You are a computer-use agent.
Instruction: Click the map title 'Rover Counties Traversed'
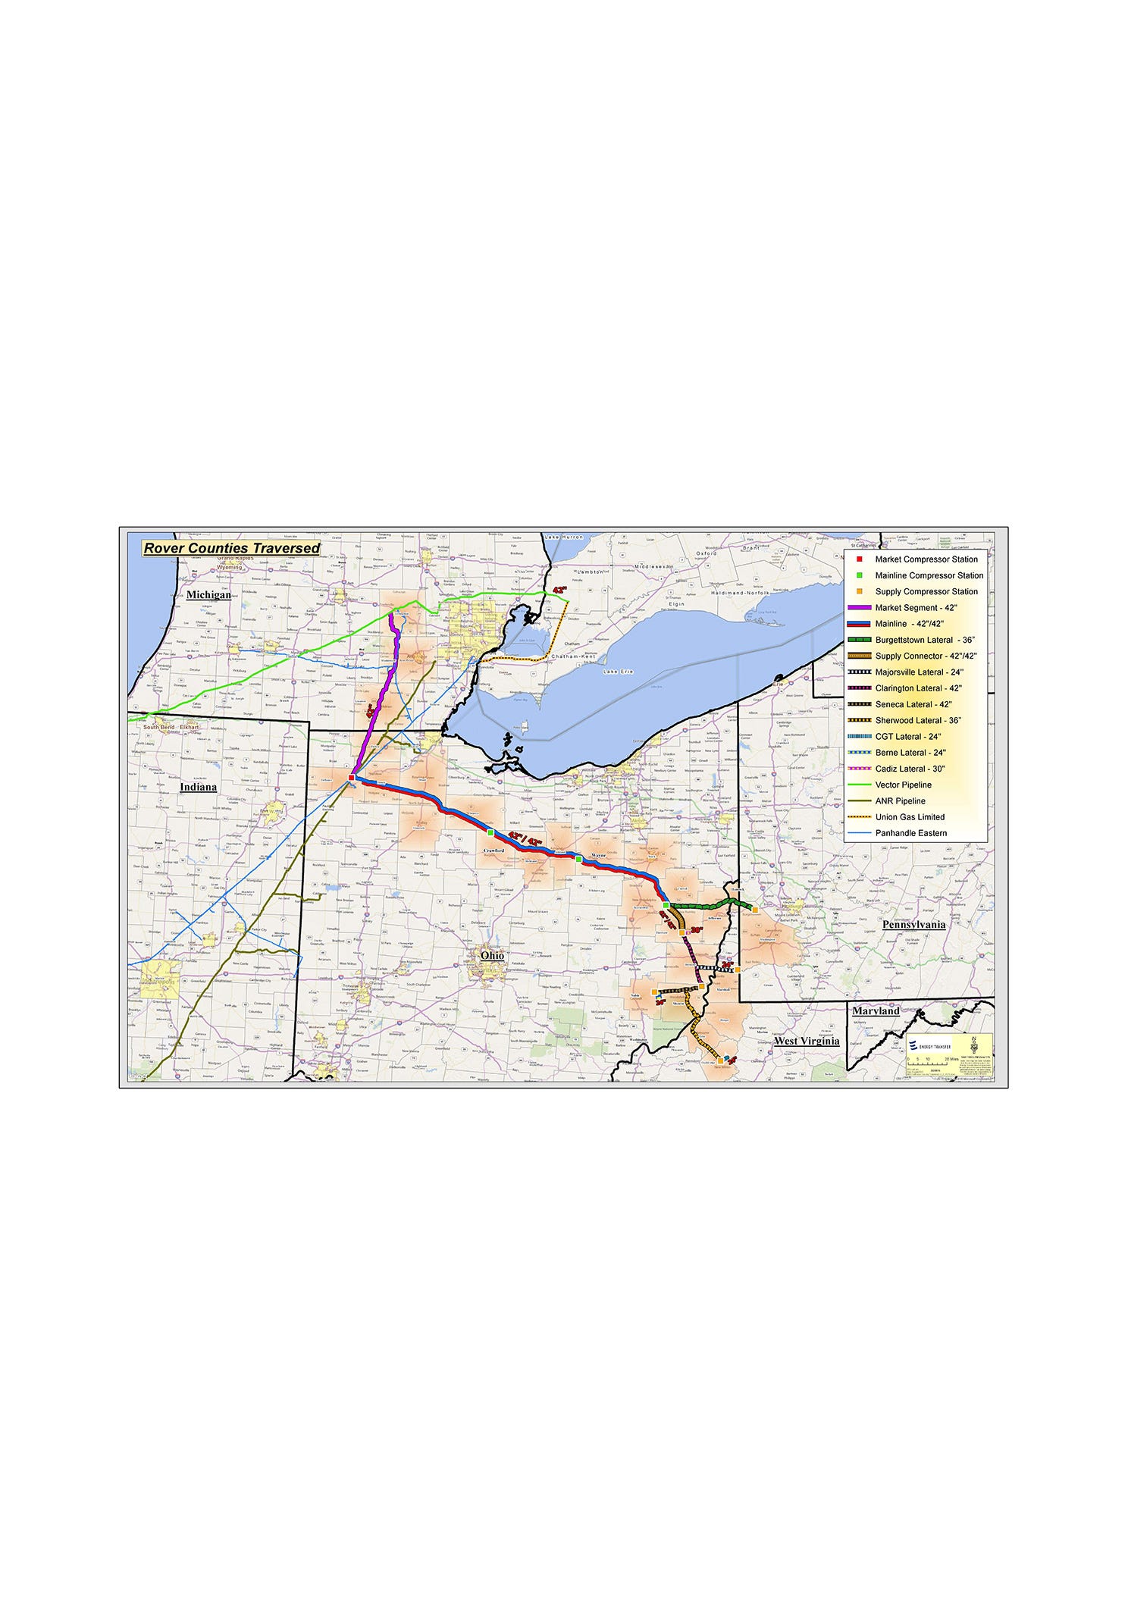(x=231, y=548)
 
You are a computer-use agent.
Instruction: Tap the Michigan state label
(x=208, y=595)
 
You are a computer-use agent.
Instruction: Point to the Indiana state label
(x=198, y=787)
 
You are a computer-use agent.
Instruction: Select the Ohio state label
(x=492, y=956)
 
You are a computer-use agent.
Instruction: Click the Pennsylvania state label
(x=913, y=925)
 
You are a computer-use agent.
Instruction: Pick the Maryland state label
(x=876, y=1011)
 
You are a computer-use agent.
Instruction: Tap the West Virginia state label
(x=807, y=1042)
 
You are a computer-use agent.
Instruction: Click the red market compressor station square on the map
(x=351, y=778)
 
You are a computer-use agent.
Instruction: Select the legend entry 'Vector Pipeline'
(x=903, y=785)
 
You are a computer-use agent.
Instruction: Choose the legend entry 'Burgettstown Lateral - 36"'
(x=924, y=641)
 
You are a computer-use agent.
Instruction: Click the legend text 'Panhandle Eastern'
(x=910, y=833)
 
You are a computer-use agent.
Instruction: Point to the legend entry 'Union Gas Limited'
(x=910, y=817)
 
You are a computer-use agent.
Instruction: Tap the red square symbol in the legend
(x=860, y=559)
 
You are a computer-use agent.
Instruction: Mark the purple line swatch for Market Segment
(x=859, y=608)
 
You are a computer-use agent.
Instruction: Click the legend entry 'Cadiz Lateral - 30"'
(x=910, y=769)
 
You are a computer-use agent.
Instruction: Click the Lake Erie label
(x=619, y=672)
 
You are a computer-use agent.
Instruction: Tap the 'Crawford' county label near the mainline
(x=493, y=850)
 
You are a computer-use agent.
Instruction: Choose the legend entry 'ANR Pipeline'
(x=900, y=801)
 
